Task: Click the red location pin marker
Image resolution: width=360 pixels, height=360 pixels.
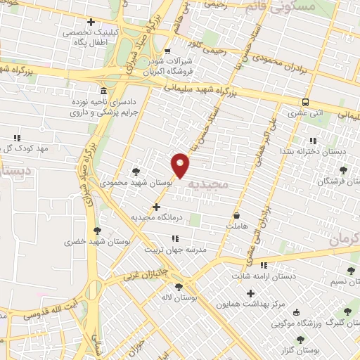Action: pyautogui.click(x=181, y=165)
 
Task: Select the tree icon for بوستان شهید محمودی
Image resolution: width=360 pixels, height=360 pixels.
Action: pyautogui.click(x=136, y=171)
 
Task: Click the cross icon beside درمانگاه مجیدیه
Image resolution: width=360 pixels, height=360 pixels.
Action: pyautogui.click(x=156, y=207)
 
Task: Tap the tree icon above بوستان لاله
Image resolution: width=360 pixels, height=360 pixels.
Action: pyautogui.click(x=179, y=286)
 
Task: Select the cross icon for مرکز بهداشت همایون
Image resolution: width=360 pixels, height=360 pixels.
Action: pyautogui.click(x=250, y=292)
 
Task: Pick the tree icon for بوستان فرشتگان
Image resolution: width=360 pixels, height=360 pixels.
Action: pyautogui.click(x=343, y=170)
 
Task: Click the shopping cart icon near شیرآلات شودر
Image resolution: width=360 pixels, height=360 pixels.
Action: pyautogui.click(x=167, y=51)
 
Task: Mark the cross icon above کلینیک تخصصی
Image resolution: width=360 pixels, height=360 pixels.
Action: pyautogui.click(x=89, y=22)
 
